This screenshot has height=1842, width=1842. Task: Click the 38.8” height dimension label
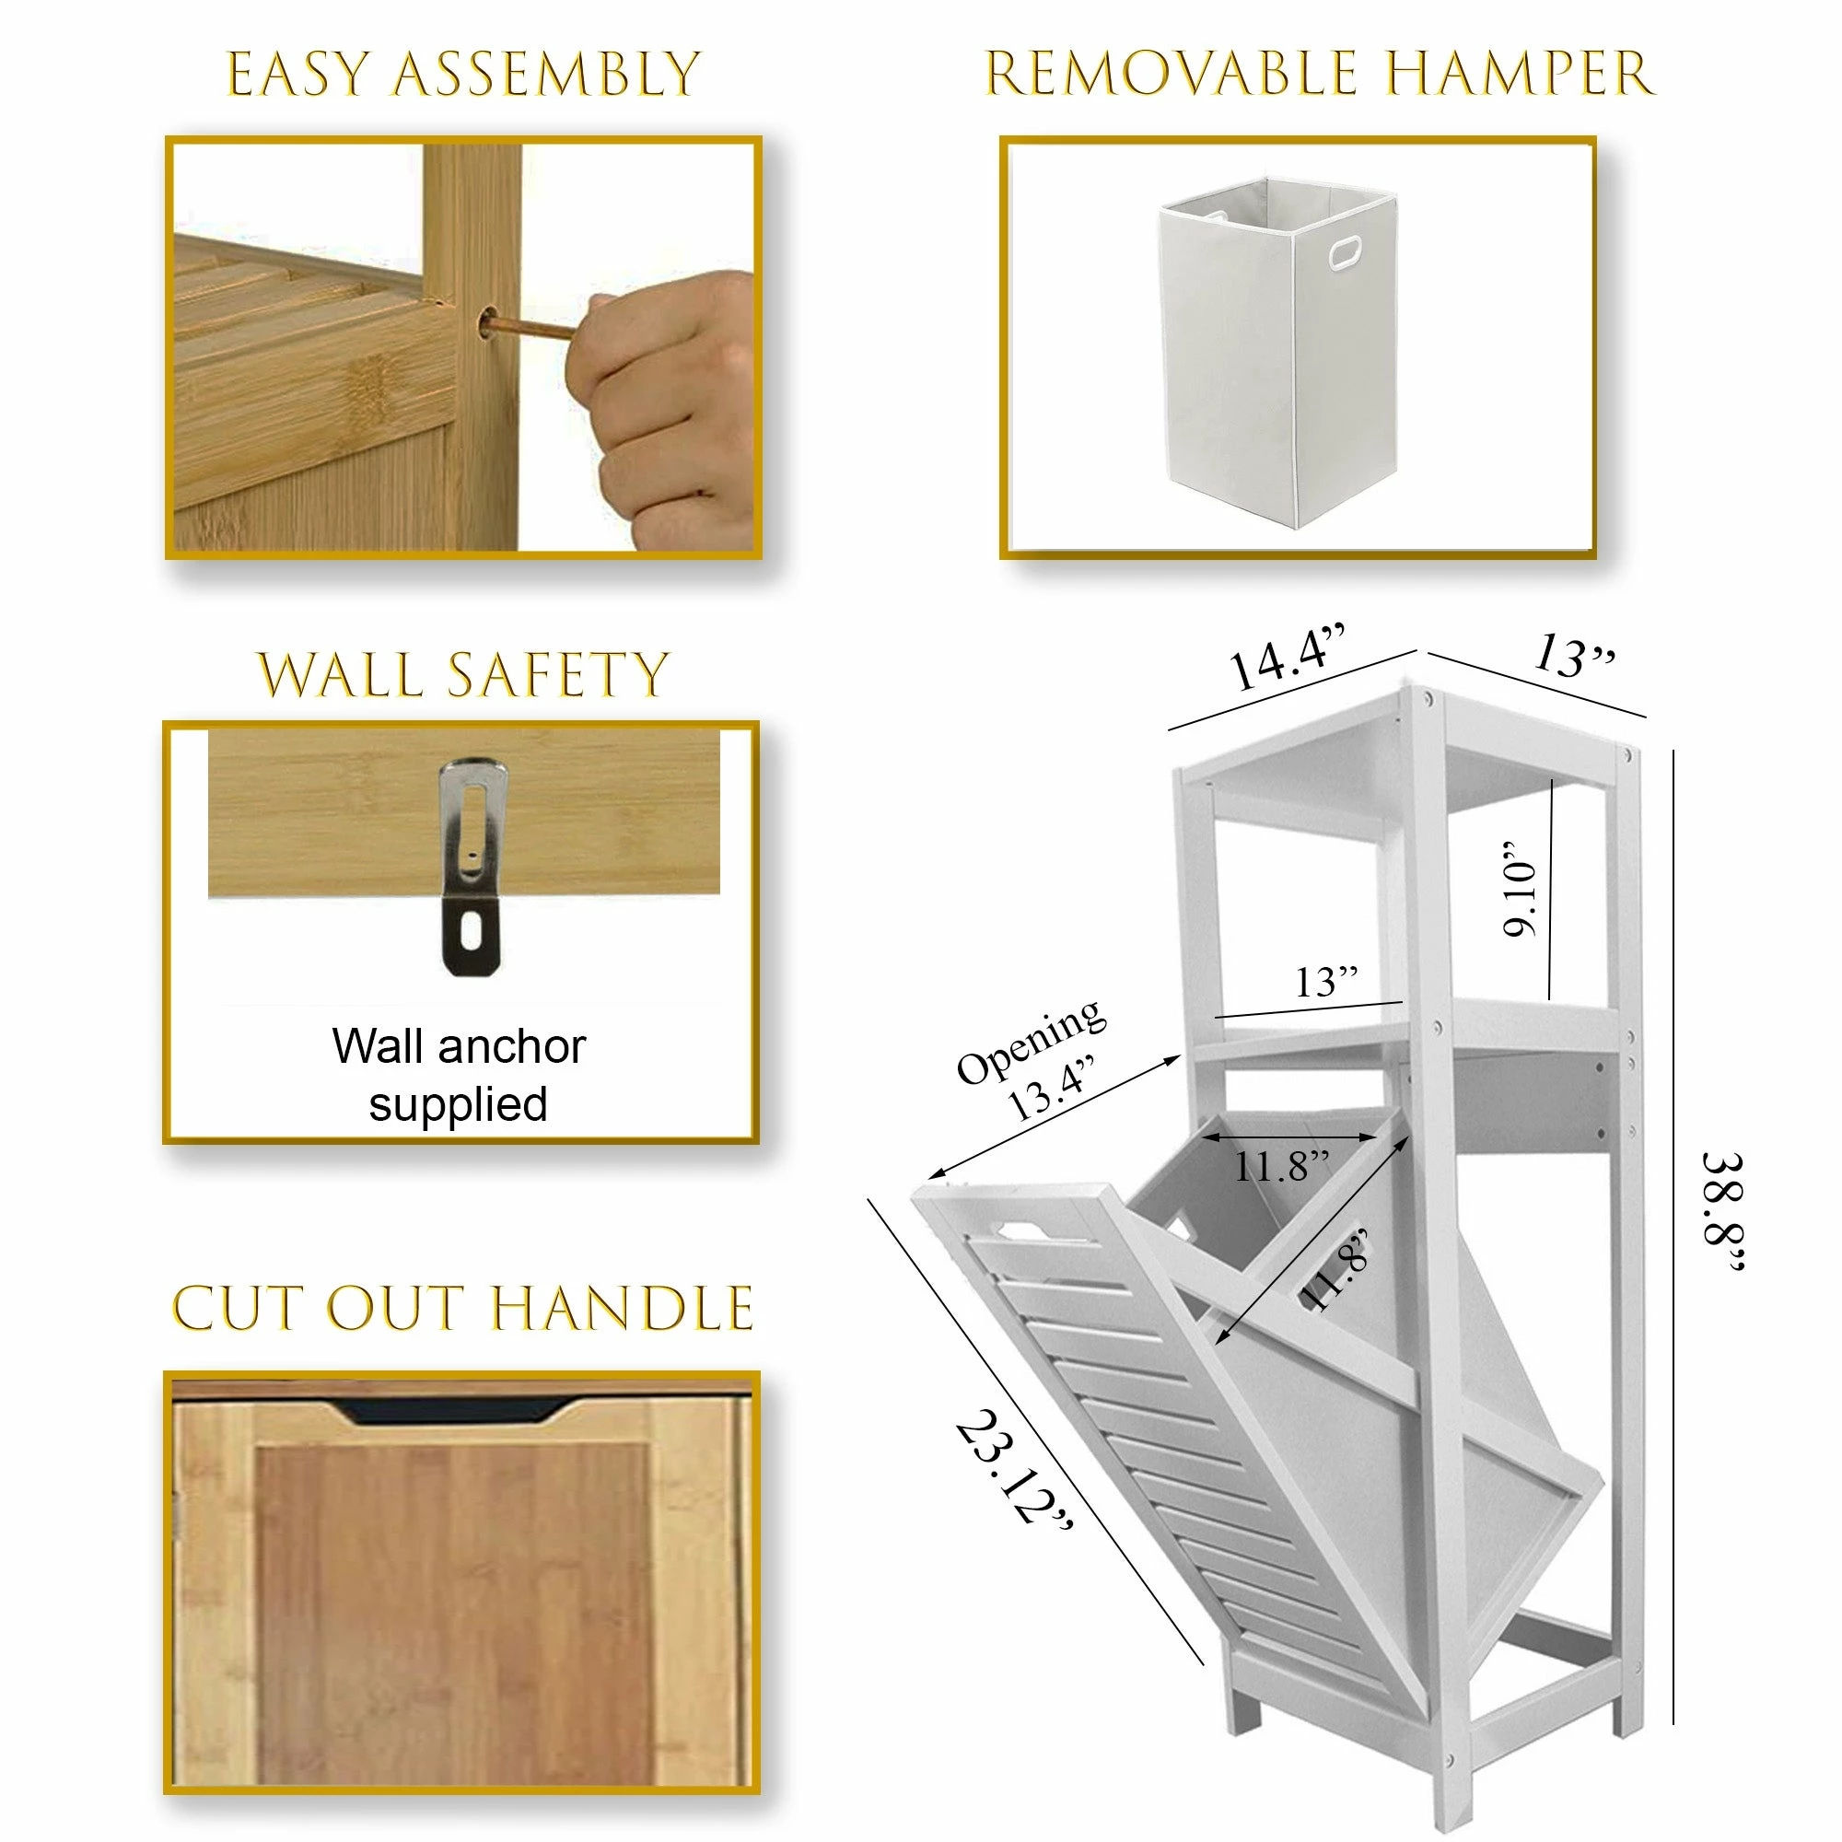(x=1723, y=1211)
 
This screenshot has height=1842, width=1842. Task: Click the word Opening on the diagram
(x=1032, y=1041)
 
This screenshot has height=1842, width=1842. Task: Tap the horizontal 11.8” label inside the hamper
(x=1281, y=1166)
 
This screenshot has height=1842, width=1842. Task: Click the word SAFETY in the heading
(x=557, y=675)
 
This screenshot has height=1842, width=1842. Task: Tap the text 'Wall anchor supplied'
(x=459, y=1075)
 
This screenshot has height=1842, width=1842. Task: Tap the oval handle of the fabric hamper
(x=1347, y=252)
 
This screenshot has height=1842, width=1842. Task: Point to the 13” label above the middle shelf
(x=1325, y=981)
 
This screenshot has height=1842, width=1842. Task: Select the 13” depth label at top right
(x=1573, y=657)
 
